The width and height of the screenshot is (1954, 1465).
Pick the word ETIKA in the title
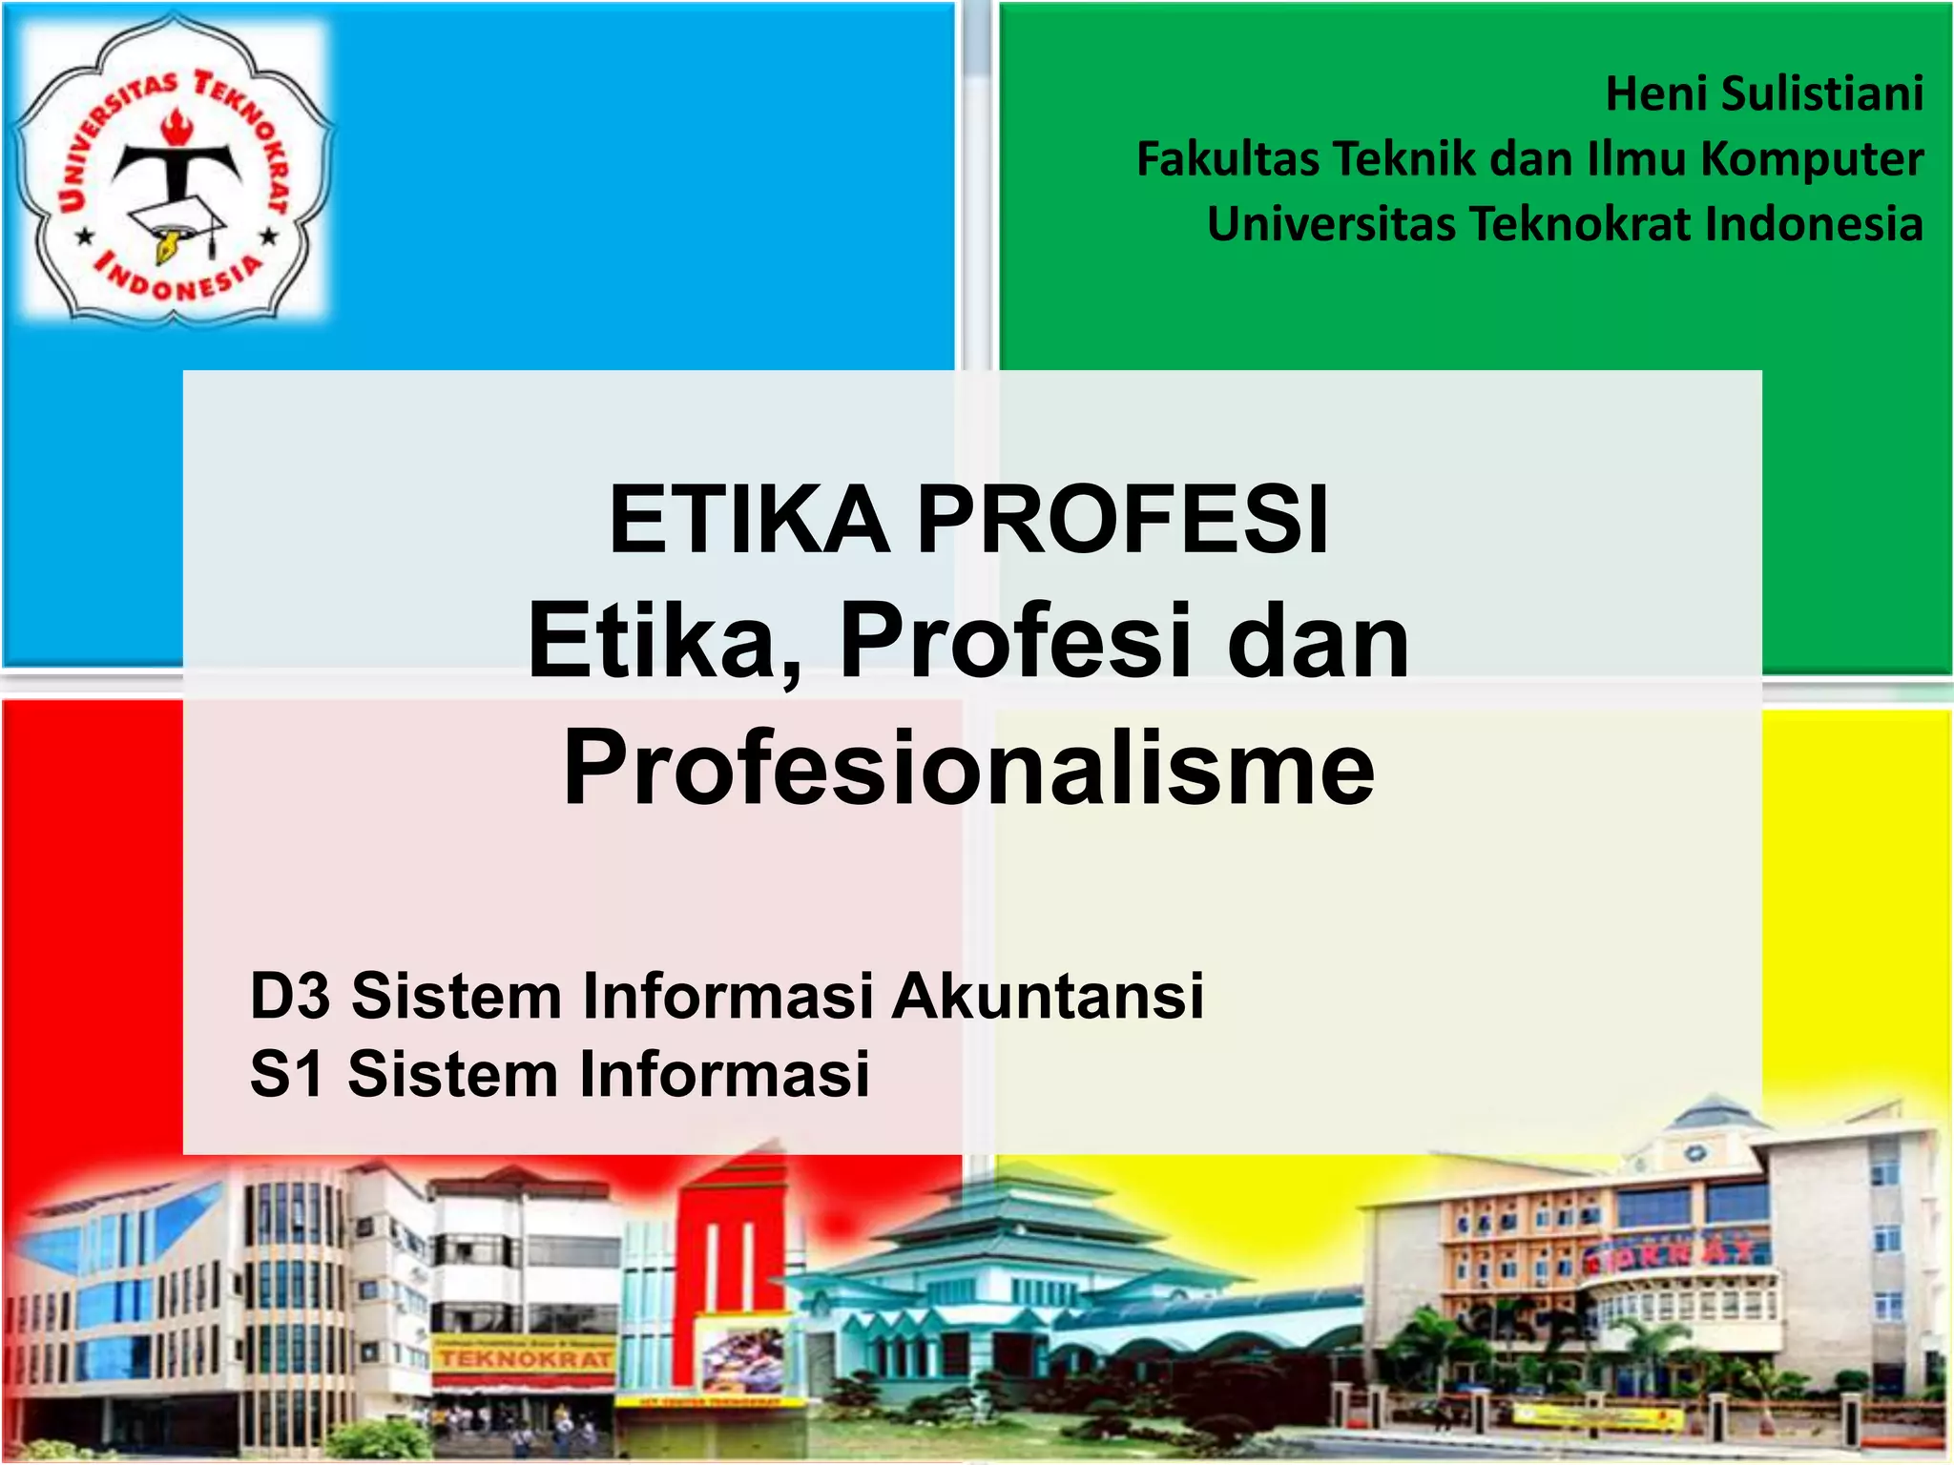point(750,520)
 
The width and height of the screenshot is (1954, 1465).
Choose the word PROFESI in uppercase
point(1122,520)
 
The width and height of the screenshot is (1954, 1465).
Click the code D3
point(290,996)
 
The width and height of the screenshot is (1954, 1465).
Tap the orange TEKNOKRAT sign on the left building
point(525,1358)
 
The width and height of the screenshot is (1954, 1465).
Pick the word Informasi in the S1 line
point(725,1074)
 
